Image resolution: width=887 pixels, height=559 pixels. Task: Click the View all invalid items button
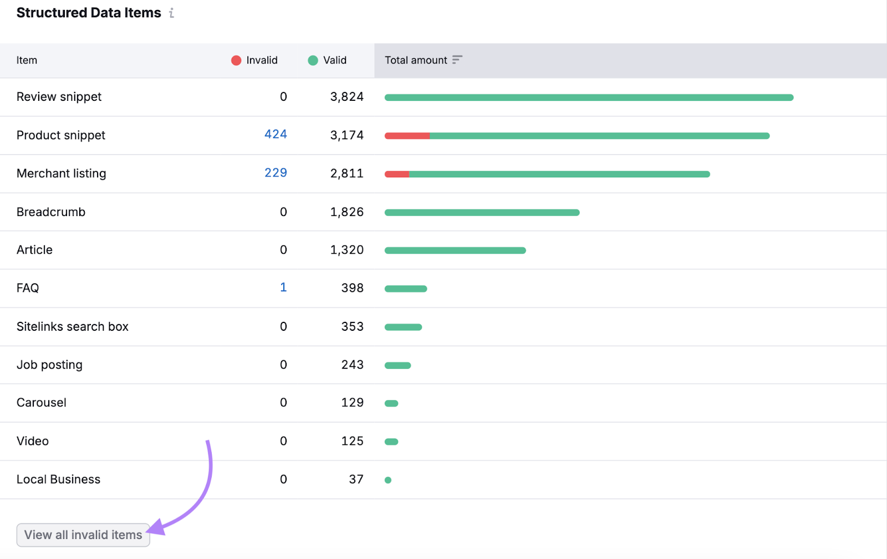(x=83, y=535)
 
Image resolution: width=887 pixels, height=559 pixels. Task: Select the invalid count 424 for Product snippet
(x=276, y=135)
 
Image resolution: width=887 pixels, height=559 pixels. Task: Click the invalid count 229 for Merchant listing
(x=276, y=173)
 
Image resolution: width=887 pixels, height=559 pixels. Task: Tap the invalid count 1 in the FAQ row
(x=283, y=288)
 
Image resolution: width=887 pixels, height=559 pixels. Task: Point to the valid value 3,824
(x=346, y=97)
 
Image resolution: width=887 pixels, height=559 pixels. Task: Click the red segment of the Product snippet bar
(x=407, y=136)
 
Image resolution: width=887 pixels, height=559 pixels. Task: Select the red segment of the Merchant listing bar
(x=397, y=174)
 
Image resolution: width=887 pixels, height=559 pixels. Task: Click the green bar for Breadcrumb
(x=482, y=213)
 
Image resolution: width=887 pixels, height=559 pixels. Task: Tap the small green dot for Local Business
(x=388, y=480)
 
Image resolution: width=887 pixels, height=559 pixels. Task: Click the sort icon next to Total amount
(x=457, y=60)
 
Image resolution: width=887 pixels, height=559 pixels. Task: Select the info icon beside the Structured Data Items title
(x=172, y=13)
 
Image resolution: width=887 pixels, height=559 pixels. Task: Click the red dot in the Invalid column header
(x=236, y=60)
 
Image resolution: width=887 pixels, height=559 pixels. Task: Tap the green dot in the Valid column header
(x=313, y=60)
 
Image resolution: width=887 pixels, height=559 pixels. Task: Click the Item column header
(x=27, y=60)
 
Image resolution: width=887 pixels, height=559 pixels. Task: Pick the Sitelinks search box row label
(x=73, y=327)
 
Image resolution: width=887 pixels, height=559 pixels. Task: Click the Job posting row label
(x=49, y=365)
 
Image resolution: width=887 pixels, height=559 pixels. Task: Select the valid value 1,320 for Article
(x=346, y=250)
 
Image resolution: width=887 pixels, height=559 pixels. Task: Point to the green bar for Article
(x=455, y=250)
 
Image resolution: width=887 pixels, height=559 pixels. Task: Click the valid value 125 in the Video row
(x=352, y=441)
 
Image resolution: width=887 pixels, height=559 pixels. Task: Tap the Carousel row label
(x=42, y=403)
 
